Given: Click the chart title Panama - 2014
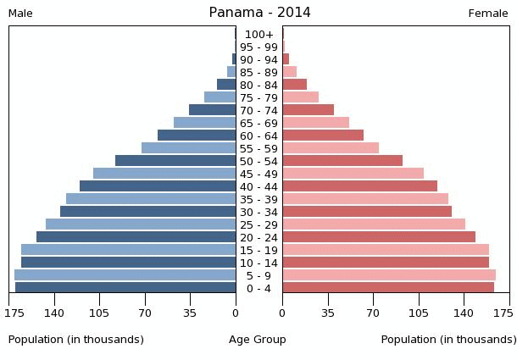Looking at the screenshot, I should coord(259,13).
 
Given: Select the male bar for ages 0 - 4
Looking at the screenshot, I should coord(125,288).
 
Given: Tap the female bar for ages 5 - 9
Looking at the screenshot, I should coord(389,275).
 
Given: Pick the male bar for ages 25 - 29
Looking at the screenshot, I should coord(141,224).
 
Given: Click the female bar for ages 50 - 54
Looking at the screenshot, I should coord(342,161).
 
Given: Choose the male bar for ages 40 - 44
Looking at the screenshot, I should coord(158,186).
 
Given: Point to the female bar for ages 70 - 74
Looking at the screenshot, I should coord(309,110).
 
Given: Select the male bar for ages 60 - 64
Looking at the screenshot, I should coord(197,136).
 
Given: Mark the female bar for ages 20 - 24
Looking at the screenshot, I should coord(379,237).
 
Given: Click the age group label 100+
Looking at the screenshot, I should coord(258,34).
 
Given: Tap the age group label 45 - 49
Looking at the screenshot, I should coord(258,174).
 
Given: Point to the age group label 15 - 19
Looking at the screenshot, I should coord(258,250).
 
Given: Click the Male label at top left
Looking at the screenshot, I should coord(20,14).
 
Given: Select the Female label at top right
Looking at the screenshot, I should coord(488,14).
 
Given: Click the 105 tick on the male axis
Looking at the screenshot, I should coord(100,313).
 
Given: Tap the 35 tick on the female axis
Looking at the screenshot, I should coord(328,313).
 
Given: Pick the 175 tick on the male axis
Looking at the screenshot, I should coord(14,313).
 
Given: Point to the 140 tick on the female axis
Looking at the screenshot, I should coord(464,313).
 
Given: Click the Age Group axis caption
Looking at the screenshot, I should coord(258,340).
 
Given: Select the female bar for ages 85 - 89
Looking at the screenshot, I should coord(290,72).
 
